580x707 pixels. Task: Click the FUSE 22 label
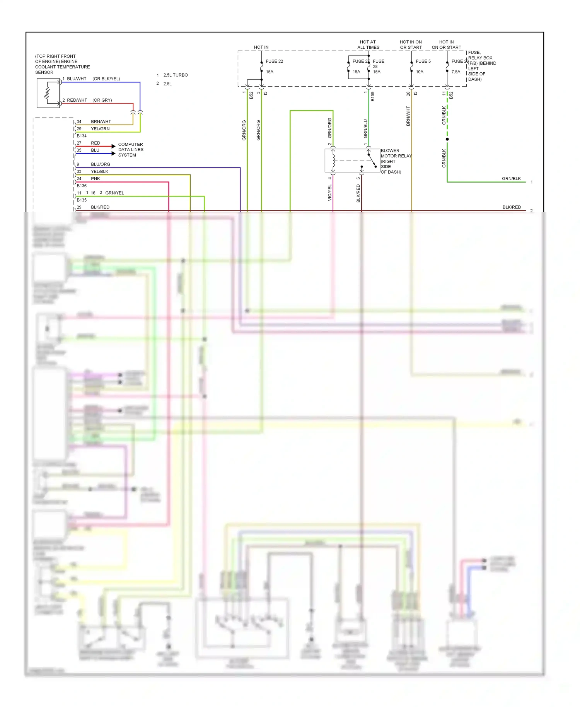274,61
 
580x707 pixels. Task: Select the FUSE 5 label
423,61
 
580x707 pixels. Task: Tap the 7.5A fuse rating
456,72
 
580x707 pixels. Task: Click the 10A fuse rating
420,72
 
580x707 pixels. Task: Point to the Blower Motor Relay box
352,161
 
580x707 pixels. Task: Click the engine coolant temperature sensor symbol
48,93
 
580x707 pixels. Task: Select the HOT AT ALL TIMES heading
368,44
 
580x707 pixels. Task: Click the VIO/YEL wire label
330,193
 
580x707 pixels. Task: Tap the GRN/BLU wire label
365,128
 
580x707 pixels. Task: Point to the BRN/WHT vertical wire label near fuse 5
408,116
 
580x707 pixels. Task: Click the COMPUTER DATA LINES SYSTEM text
131,150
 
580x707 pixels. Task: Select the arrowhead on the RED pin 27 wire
113,146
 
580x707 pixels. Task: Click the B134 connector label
82,136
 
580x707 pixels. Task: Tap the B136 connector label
82,186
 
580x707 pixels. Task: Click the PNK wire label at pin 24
96,179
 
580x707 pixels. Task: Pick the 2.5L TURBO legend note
176,75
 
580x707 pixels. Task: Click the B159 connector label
373,96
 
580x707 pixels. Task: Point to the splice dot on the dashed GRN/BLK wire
447,139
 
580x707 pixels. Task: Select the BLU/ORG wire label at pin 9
101,164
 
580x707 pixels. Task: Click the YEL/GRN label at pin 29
100,129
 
